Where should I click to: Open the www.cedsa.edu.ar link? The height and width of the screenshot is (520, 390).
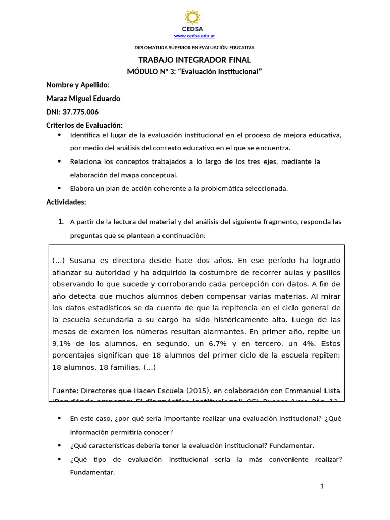pos(194,36)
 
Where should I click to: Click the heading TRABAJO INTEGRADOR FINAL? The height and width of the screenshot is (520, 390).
pos(194,60)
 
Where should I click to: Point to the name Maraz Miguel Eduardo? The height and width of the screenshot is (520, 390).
pos(83,99)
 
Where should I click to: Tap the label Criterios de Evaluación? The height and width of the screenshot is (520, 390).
pos(85,125)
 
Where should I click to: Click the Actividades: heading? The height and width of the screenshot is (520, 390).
pos(66,202)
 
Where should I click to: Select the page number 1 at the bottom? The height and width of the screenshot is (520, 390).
pos(322,486)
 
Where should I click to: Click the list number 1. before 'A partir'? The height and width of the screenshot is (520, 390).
pos(61,222)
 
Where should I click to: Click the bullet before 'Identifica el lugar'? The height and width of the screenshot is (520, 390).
pos(60,135)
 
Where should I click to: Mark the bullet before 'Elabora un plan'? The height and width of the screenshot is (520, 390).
pos(60,188)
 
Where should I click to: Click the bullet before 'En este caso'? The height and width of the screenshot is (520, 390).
pos(60,418)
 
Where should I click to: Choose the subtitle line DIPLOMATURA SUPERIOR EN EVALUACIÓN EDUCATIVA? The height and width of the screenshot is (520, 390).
pos(194,48)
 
